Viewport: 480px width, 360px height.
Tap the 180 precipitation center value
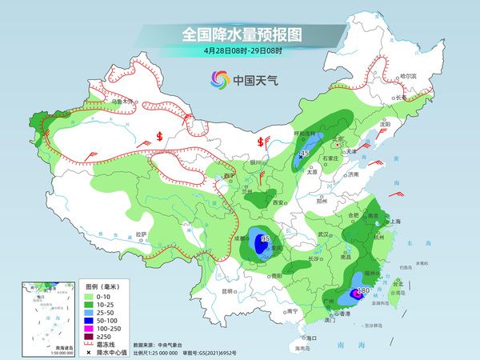click(x=363, y=291)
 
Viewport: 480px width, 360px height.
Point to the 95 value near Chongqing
click(x=265, y=238)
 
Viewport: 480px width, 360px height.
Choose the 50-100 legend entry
click(x=104, y=319)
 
